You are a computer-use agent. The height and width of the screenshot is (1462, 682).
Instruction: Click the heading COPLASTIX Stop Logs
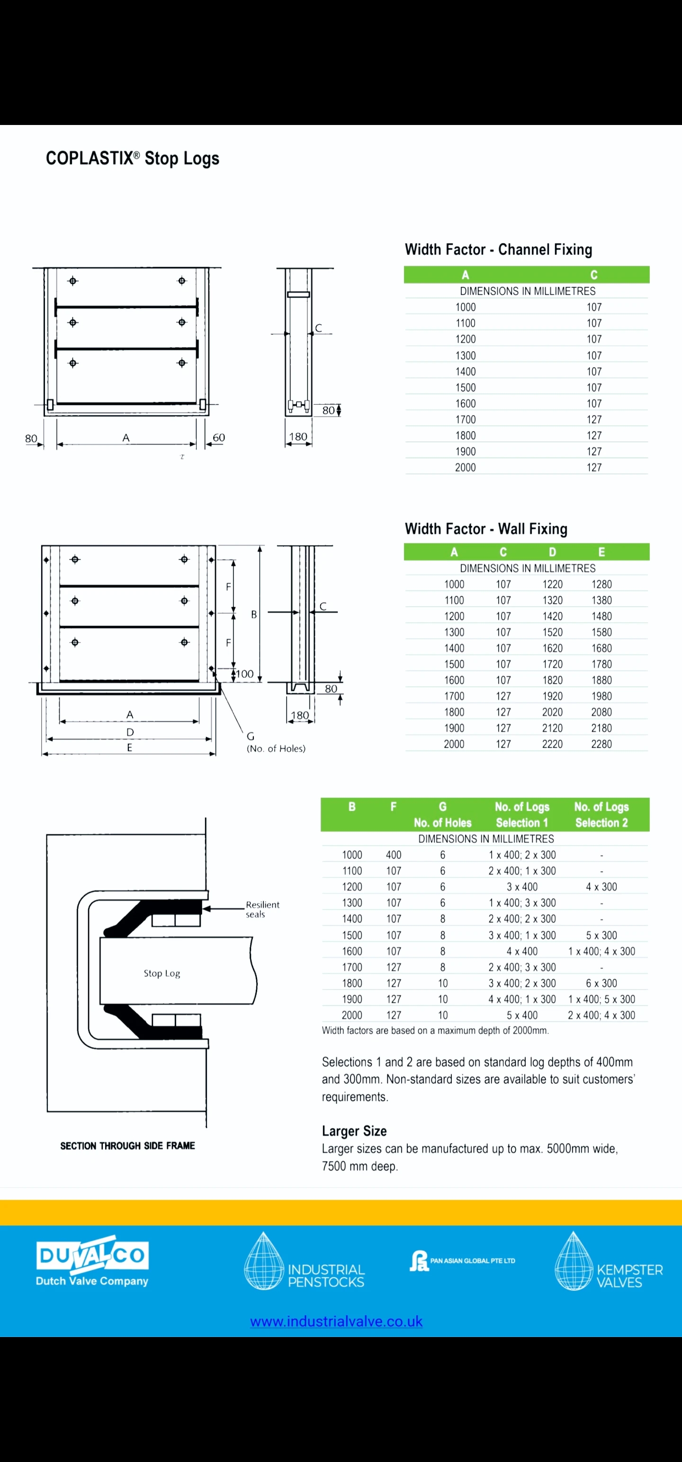coord(132,158)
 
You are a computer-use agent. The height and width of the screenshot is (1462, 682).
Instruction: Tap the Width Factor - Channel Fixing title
coord(498,250)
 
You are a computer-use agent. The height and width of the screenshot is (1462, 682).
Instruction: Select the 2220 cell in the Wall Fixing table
coord(552,744)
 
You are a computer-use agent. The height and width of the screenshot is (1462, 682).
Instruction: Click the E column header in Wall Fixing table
coord(601,552)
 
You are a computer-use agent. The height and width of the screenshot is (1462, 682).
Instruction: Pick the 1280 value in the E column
coord(601,585)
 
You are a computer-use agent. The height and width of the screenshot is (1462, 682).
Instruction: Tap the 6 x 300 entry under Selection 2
coord(601,983)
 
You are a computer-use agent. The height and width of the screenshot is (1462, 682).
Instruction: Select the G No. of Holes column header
coord(442,815)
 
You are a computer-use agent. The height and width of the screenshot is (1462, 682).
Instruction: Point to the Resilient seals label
coord(262,909)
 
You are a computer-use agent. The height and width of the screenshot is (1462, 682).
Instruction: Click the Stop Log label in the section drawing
coord(162,973)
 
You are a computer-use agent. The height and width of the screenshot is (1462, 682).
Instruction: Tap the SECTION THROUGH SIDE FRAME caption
coord(128,1146)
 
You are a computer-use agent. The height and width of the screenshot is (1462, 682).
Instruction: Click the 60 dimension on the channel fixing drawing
coord(219,437)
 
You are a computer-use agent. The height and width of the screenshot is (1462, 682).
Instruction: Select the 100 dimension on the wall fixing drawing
coord(245,674)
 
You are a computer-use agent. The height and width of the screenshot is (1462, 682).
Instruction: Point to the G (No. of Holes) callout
coord(276,743)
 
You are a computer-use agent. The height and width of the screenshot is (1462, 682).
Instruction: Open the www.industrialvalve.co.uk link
coord(336,1322)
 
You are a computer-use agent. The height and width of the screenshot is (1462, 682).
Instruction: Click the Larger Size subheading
coord(354,1131)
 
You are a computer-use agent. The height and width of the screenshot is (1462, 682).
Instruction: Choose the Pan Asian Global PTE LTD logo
coord(462,1261)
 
